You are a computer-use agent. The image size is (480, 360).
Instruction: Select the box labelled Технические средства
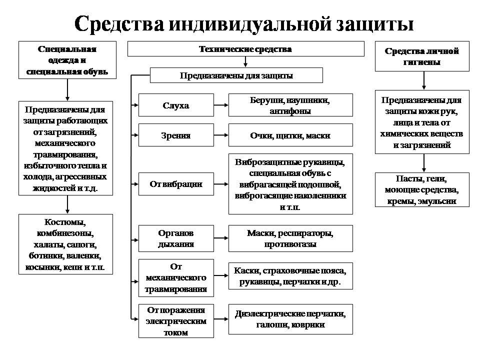pyautogui.click(x=245, y=49)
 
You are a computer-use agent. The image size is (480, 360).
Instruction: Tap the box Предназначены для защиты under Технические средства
pyautogui.click(x=236, y=75)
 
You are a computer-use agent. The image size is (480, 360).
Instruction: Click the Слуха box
pyautogui.click(x=176, y=105)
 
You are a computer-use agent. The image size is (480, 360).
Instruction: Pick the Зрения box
pyautogui.click(x=176, y=135)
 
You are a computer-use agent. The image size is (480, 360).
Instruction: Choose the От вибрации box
pyautogui.click(x=176, y=184)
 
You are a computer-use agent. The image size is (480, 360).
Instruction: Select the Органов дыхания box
pyautogui.click(x=176, y=239)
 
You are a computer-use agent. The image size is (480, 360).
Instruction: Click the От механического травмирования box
pyautogui.click(x=176, y=277)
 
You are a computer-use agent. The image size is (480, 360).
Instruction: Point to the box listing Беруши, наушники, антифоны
pyautogui.click(x=290, y=105)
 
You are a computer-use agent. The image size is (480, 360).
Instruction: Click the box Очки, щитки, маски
pyautogui.click(x=290, y=135)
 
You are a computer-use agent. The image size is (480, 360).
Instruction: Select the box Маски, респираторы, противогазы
pyautogui.click(x=290, y=239)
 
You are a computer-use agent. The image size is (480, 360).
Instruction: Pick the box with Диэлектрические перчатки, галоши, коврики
pyautogui.click(x=290, y=319)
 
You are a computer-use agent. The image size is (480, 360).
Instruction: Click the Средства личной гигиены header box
pyautogui.click(x=422, y=56)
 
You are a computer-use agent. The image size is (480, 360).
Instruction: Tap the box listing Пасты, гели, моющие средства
pyautogui.click(x=422, y=189)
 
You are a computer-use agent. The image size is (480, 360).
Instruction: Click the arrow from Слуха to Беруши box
pyautogui.click(x=221, y=105)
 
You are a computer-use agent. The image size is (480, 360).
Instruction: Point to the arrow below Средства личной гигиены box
pyautogui.click(x=423, y=80)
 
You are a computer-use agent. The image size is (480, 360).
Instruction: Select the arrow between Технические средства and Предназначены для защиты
pyautogui.click(x=245, y=62)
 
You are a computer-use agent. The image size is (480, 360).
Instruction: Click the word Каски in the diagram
pyautogui.click(x=244, y=270)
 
